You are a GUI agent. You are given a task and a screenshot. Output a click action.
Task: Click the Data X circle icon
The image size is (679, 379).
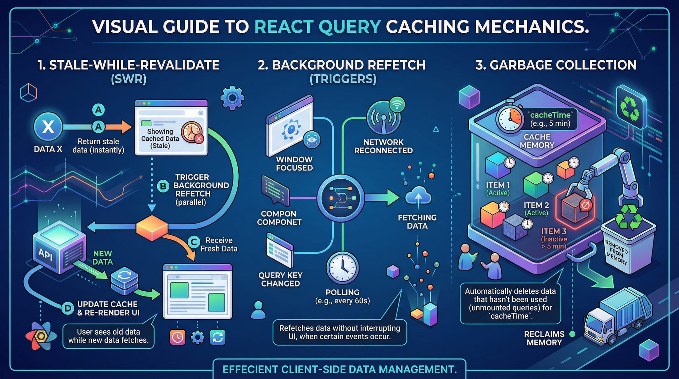coord(48,127)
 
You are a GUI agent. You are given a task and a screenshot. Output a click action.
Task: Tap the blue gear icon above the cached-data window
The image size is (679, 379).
coord(232,98)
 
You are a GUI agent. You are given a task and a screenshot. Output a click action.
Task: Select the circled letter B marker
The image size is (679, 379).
coord(163,186)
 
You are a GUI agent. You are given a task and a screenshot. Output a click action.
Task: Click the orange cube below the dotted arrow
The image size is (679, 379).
coord(152,227)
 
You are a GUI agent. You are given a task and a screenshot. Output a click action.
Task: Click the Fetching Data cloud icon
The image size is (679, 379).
coord(418,197)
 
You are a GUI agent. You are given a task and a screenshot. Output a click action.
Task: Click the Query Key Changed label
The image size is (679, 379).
coord(280,279)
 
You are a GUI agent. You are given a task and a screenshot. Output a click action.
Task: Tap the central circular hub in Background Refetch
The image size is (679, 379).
coord(341,198)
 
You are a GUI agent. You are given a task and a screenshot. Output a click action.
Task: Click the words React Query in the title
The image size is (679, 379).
coord(317,26)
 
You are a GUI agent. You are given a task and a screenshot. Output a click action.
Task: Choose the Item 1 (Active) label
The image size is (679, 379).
coord(498,189)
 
